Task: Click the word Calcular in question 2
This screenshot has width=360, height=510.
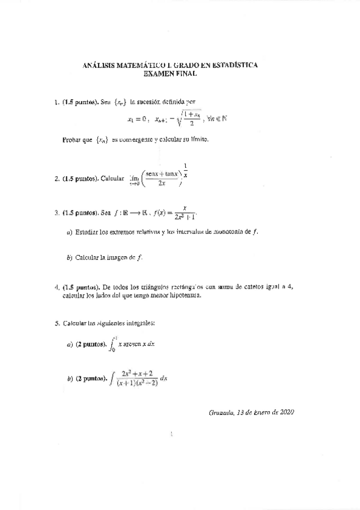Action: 112,179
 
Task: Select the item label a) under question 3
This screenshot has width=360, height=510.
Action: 70,232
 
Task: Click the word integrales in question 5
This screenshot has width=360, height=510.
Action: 139,324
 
